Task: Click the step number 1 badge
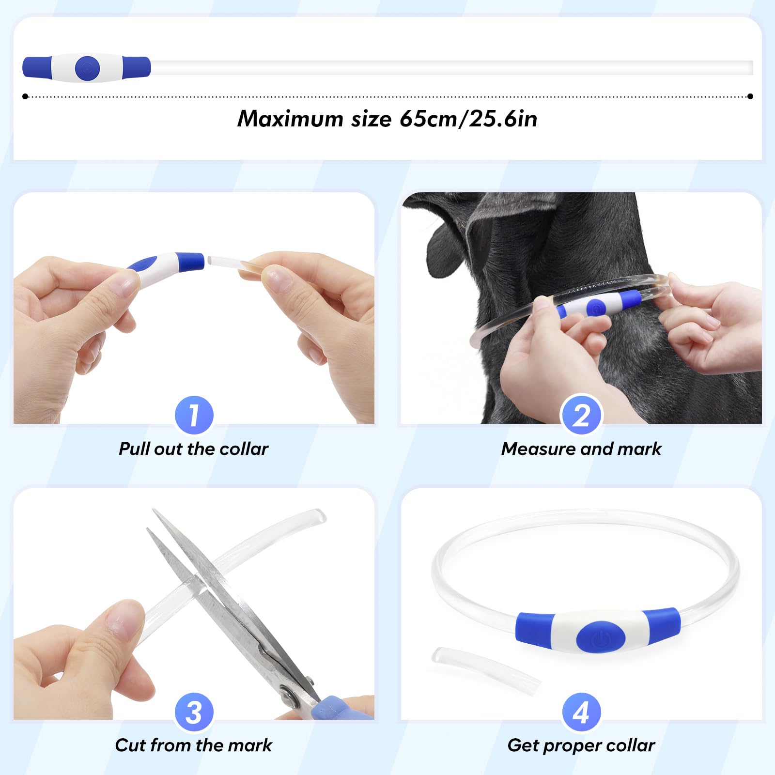point(194,415)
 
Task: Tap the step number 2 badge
point(581,415)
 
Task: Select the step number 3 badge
point(194,712)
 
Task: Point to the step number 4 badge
point(581,712)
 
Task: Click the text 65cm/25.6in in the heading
point(468,119)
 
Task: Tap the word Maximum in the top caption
point(290,119)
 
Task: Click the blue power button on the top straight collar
point(87,68)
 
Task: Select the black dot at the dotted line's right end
point(750,96)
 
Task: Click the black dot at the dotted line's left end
point(25,96)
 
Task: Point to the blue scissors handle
point(339,708)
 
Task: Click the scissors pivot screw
point(289,697)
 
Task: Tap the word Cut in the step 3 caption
point(130,745)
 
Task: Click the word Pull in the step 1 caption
point(134,449)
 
